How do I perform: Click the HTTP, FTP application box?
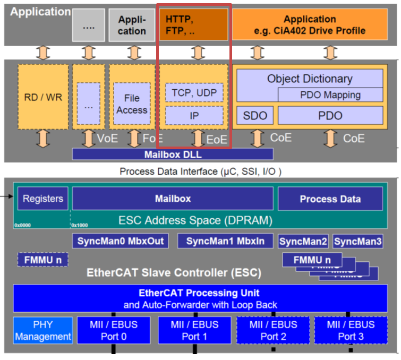coord(194,25)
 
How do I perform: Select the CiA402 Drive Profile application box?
coord(310,25)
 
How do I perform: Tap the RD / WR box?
coord(43,98)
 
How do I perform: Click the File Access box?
coord(132,104)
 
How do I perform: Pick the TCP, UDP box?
coord(194,92)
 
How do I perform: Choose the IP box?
coord(194,115)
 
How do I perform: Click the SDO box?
coord(255,115)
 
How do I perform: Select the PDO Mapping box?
coord(330,95)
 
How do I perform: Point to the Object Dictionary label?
coord(310,79)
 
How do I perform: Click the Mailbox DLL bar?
coord(173,155)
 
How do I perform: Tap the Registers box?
coord(43,199)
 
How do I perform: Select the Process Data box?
coord(330,199)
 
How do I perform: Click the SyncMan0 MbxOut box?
coord(120,241)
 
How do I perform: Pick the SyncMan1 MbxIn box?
coord(225,241)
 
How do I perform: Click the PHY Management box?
coord(43,330)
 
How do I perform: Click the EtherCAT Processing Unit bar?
coord(200,298)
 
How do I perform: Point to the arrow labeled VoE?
coord(89,138)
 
